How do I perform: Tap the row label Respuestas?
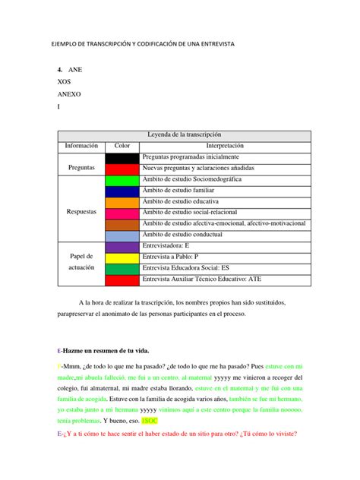[x=81, y=213]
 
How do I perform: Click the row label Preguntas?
[x=81, y=167]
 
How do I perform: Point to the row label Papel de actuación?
[x=81, y=264]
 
